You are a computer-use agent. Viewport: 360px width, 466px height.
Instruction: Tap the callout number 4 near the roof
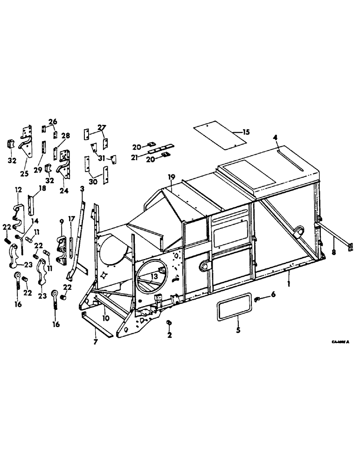click(276, 138)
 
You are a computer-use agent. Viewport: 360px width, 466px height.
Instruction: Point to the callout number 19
click(172, 178)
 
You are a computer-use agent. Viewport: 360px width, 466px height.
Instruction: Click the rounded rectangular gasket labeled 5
click(237, 305)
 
